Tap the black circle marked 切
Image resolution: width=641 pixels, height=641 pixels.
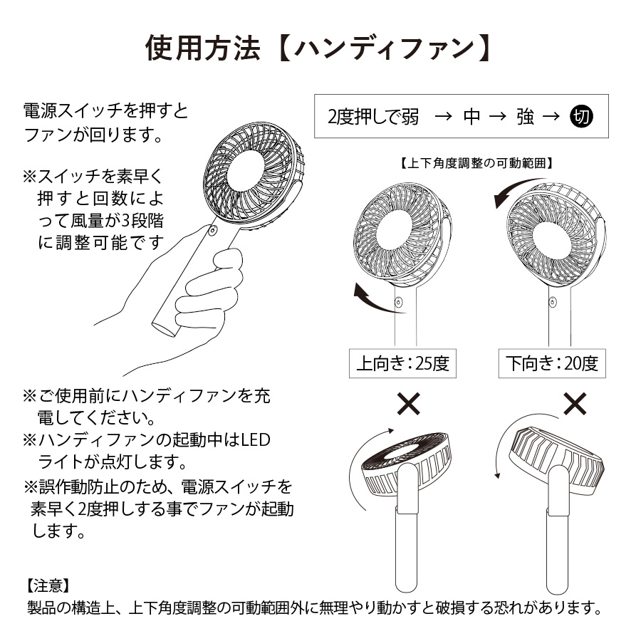pyautogui.click(x=582, y=117)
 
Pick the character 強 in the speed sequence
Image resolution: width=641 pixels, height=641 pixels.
pyautogui.click(x=526, y=117)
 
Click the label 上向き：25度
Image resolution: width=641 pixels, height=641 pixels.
pyautogui.click(x=402, y=364)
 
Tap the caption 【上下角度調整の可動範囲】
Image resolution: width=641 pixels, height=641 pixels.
pyautogui.click(x=477, y=162)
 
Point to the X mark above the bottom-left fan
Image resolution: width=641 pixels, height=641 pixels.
pyautogui.click(x=408, y=405)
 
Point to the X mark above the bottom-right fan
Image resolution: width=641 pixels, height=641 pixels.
pyautogui.click(x=574, y=405)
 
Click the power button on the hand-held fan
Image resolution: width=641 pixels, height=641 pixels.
pyautogui.click(x=212, y=231)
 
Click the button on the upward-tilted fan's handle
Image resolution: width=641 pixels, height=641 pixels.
pyautogui.click(x=397, y=303)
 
